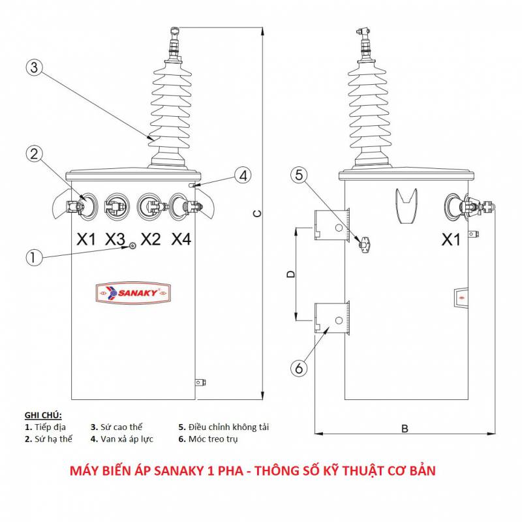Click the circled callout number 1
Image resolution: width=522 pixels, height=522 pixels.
click(x=35, y=257)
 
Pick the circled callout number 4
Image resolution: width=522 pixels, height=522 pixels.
click(x=242, y=176)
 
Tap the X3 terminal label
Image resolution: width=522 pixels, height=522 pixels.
click(x=115, y=239)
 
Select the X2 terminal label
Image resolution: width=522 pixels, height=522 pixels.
click(x=150, y=239)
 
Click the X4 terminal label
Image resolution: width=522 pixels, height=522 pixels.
click(x=181, y=239)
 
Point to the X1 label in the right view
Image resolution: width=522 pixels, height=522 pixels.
click(x=451, y=240)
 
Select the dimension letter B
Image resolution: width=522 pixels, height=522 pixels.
click(x=405, y=429)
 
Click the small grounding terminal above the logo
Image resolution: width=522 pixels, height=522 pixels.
click(x=132, y=245)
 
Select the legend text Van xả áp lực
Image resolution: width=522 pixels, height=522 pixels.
click(x=127, y=439)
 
